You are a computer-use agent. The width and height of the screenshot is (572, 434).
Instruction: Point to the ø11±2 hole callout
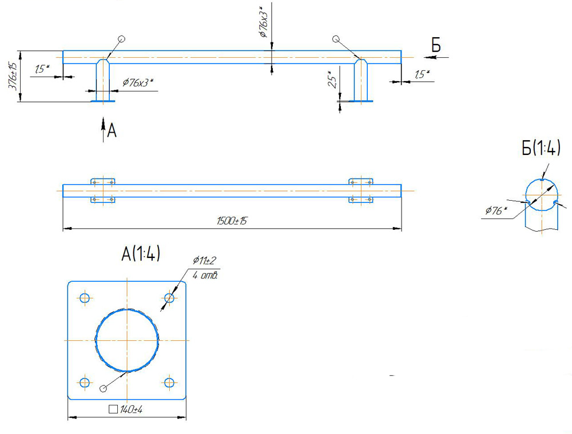(x=204, y=261)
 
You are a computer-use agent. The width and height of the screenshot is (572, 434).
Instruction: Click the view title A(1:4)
(x=140, y=253)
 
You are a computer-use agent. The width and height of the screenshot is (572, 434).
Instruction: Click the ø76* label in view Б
(x=495, y=211)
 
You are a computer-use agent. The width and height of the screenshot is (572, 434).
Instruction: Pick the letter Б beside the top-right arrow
(x=436, y=46)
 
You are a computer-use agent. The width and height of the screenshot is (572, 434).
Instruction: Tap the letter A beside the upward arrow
(x=112, y=132)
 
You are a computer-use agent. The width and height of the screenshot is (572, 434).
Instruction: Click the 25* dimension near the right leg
(x=331, y=81)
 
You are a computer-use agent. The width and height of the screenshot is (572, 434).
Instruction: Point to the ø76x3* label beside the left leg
(x=138, y=83)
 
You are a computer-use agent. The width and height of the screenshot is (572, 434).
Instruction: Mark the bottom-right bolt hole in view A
(x=169, y=382)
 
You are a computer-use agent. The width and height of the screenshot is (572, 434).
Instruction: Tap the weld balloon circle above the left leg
(x=121, y=39)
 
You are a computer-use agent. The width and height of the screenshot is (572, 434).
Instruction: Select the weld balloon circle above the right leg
(x=335, y=39)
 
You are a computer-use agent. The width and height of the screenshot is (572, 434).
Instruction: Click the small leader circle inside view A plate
(x=103, y=389)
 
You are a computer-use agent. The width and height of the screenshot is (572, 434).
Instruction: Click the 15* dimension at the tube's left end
(x=41, y=70)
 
